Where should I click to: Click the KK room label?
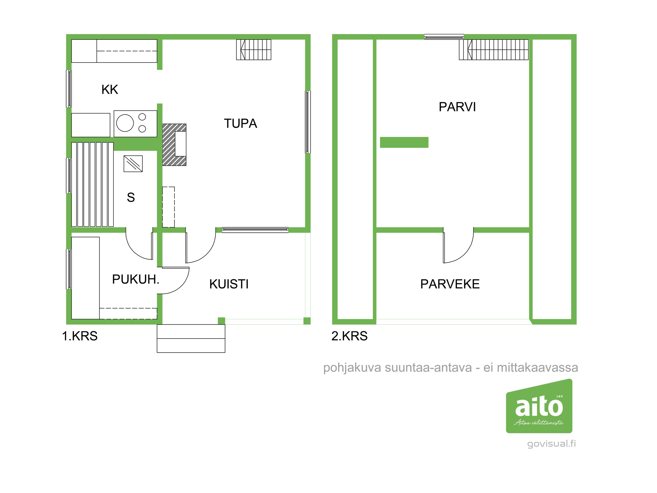(x=110, y=89)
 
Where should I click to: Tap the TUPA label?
(x=240, y=124)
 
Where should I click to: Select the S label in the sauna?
(x=131, y=198)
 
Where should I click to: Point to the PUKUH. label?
(x=136, y=279)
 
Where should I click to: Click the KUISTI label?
(x=229, y=284)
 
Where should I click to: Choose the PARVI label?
(x=457, y=107)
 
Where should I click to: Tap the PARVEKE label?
(x=450, y=284)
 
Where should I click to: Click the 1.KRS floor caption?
(x=80, y=336)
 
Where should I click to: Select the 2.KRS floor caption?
(x=350, y=336)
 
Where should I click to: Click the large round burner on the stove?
(x=125, y=123)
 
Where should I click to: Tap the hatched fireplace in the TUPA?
(x=174, y=145)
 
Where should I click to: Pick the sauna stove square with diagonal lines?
(x=133, y=164)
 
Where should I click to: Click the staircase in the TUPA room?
(x=254, y=50)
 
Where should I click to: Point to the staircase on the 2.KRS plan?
(x=494, y=50)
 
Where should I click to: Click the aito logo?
(x=539, y=406)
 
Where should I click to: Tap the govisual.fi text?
(x=552, y=444)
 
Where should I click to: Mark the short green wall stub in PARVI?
(x=404, y=142)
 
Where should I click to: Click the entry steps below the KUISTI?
(x=191, y=339)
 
